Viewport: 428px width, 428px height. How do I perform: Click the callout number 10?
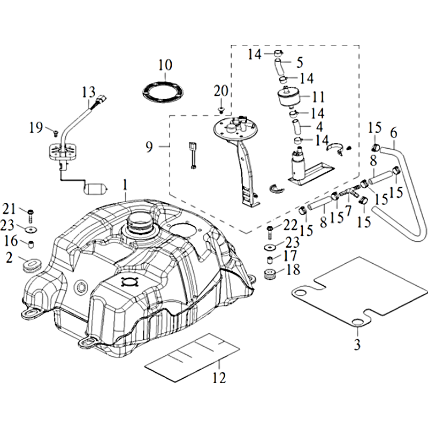point(165,65)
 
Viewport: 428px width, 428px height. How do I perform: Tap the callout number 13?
point(88,91)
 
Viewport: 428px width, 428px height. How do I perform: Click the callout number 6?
point(394,132)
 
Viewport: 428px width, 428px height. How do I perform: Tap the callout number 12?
point(219,378)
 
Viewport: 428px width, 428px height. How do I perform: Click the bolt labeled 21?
point(30,215)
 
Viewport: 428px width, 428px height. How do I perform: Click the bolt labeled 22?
point(270,232)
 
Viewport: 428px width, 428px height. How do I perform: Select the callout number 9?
point(150,145)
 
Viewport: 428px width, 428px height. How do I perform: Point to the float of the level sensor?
point(96,188)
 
